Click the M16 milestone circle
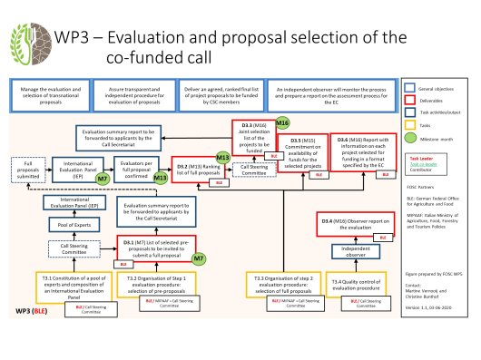pos(282,122)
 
